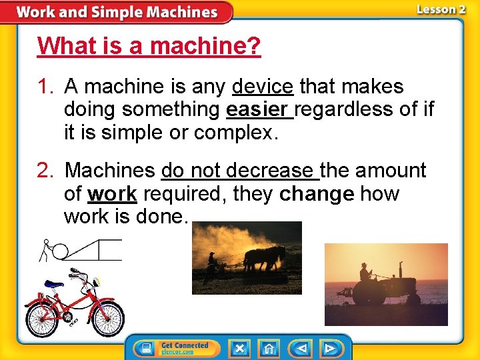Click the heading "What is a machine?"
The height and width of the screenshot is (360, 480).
tap(149, 47)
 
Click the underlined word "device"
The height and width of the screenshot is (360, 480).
tap(263, 87)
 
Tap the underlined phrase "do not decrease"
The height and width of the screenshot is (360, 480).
tap(240, 171)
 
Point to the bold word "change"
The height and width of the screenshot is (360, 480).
tap(317, 194)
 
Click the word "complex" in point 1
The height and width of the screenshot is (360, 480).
tap(233, 132)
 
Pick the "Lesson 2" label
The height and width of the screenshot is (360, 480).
tap(441, 9)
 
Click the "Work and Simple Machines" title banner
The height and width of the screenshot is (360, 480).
tap(117, 12)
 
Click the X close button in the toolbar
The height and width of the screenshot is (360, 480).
tap(239, 348)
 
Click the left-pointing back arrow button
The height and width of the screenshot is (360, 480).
tap(300, 348)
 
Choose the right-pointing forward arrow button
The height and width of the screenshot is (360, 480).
tap(329, 348)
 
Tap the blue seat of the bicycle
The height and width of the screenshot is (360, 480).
tap(53, 285)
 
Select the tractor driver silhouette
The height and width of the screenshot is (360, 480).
tap(365, 272)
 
